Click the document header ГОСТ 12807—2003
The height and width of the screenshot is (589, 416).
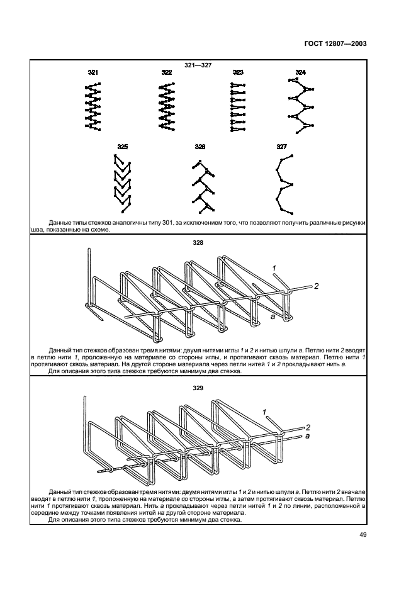[x=335, y=45]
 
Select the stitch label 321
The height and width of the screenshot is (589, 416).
[x=93, y=73]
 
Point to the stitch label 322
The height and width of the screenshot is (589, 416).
[x=166, y=73]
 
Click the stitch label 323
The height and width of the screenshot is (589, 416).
[x=238, y=73]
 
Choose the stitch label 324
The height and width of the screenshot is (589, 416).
[x=300, y=73]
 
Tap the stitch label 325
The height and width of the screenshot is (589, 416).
[x=123, y=147]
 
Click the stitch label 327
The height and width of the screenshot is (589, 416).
[x=282, y=147]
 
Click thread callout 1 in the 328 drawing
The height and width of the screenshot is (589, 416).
[x=274, y=269]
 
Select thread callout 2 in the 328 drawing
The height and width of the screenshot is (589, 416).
[x=317, y=286]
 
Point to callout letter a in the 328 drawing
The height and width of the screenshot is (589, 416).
[x=273, y=318]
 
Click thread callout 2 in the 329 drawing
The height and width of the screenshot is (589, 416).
[x=308, y=426]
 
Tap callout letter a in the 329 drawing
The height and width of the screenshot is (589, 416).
[x=308, y=435]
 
